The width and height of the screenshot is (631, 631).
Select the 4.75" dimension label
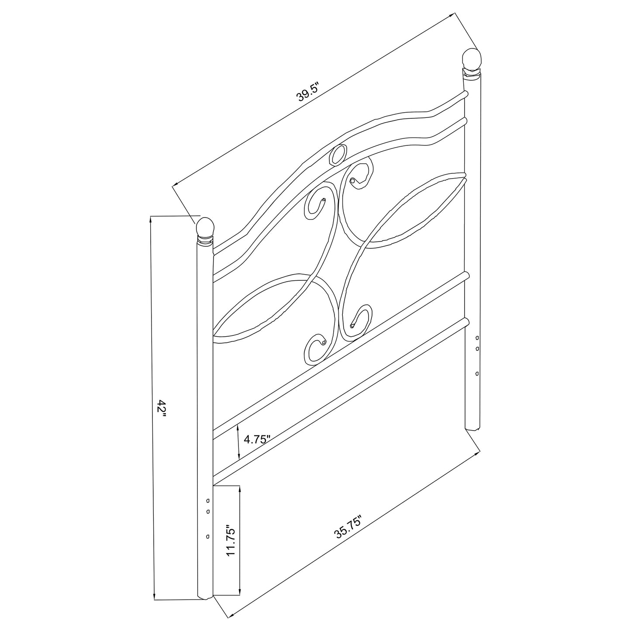point(258,439)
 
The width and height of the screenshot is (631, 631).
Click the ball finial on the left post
point(205,227)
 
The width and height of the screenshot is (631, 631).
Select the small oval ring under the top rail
point(338,155)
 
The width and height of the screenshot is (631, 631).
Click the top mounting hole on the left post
point(208,500)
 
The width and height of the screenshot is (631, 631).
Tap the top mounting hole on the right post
point(476,338)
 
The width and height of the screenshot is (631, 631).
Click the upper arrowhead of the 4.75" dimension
point(238,427)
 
